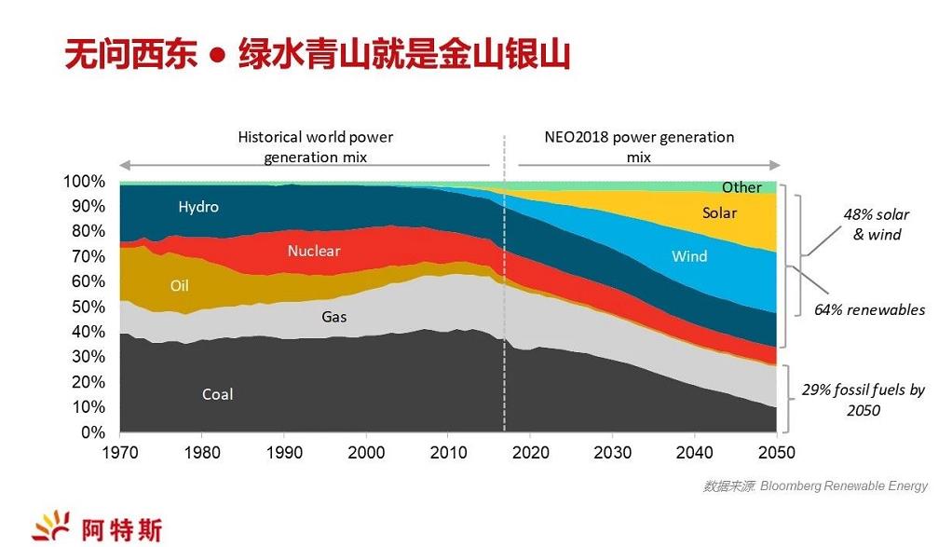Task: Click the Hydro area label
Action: tap(198, 207)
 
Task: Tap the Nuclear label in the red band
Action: tap(314, 251)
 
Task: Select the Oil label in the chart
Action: tap(179, 286)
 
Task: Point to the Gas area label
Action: tap(334, 317)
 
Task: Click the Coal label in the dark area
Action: tap(218, 394)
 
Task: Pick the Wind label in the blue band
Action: tap(689, 256)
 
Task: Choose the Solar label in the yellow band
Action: tap(719, 213)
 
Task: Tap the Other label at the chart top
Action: tap(741, 188)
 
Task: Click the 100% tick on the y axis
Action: tap(84, 181)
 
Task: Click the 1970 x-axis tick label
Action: tap(120, 453)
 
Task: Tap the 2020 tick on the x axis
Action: tap(530, 453)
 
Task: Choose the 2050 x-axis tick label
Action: tap(776, 453)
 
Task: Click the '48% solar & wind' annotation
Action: tap(877, 225)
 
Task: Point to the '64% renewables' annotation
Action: tap(869, 309)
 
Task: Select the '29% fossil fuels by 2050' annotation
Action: tap(862, 400)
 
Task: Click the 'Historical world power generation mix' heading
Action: tap(315, 147)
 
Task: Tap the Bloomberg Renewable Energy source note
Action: tap(815, 485)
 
